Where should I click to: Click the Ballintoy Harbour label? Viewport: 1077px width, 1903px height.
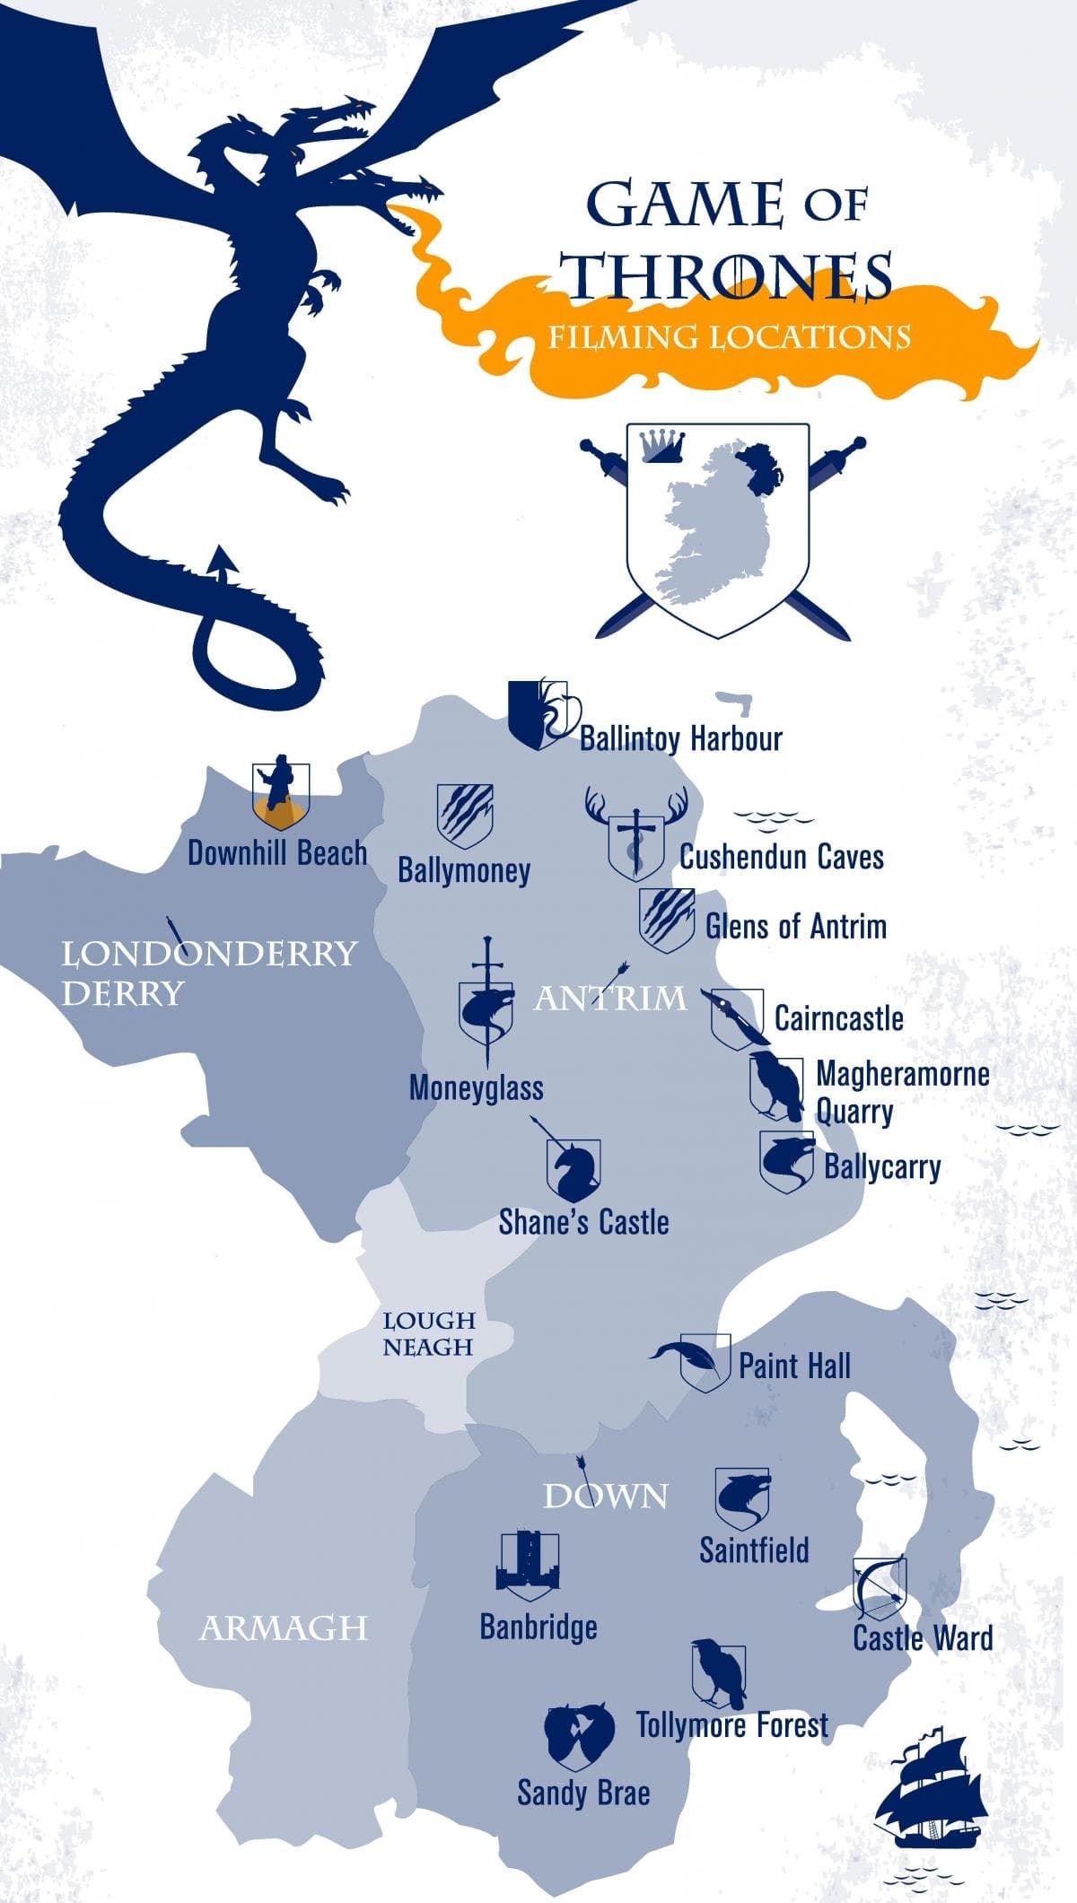pos(680,738)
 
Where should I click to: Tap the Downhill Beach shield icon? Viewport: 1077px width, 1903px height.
pos(281,795)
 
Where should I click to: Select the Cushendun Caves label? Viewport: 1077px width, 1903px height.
pos(781,857)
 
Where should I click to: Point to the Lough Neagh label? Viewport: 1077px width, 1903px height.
pos(428,1333)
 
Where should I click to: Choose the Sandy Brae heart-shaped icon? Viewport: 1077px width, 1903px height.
pos(580,1736)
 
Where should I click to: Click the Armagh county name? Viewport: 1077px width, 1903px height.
pos(284,1628)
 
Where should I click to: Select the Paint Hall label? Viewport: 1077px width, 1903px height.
pos(794,1366)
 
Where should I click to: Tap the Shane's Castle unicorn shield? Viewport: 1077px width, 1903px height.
pos(574,1169)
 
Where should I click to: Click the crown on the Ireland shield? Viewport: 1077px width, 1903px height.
pos(662,445)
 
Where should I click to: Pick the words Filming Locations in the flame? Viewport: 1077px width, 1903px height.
pos(730,337)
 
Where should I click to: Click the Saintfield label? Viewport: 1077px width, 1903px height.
pos(754,1549)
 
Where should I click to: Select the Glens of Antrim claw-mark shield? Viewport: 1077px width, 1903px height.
pos(667,920)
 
